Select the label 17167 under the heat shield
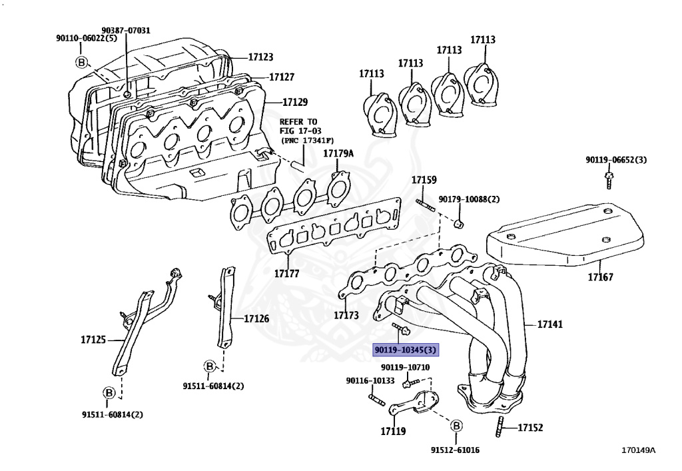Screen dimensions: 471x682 coord(600,276)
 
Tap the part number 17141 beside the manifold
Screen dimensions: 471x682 coord(549,324)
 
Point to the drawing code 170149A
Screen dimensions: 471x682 coord(638,449)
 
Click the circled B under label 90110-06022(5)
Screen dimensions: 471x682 coord(81,63)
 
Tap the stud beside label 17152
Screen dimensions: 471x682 coord(500,426)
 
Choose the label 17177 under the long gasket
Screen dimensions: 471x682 coord(286,273)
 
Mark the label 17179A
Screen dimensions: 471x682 coord(338,154)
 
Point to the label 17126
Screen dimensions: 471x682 coord(256,318)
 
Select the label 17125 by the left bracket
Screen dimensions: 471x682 coord(93,340)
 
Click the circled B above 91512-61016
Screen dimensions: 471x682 coord(456,426)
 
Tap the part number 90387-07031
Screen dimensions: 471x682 coord(126,30)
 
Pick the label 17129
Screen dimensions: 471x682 coord(294,102)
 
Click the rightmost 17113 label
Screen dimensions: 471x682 coord(483,40)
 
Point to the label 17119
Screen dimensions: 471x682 coord(393,431)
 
